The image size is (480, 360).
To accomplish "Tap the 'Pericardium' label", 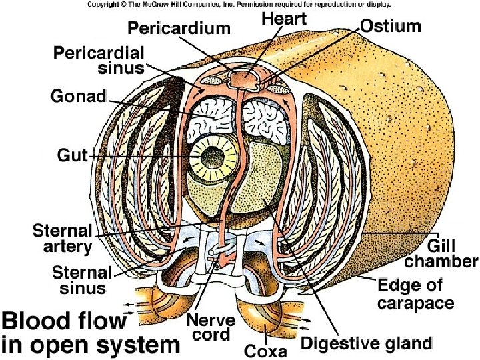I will [179, 29].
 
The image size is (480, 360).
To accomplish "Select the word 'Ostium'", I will [391, 26].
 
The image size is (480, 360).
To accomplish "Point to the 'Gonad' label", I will [78, 96].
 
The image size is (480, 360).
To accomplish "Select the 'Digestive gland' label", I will [366, 343].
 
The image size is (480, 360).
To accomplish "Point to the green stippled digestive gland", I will [267, 180].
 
